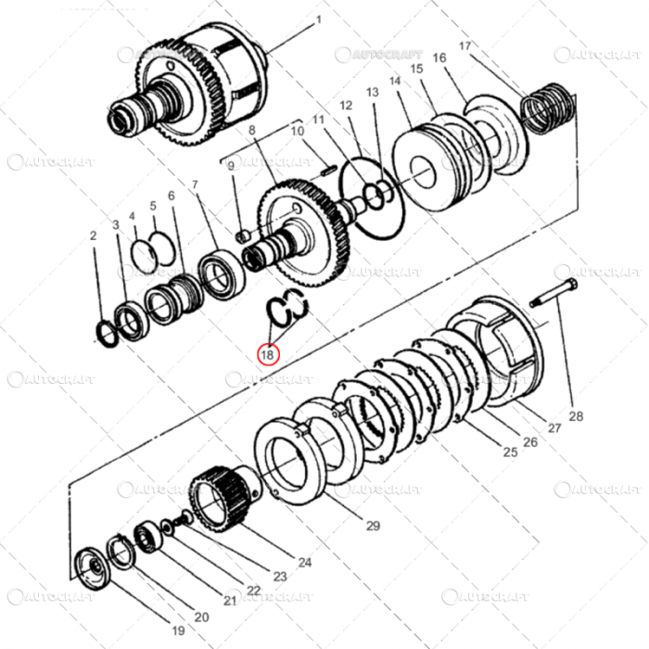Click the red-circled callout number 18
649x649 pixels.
(268, 353)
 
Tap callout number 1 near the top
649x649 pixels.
(319, 19)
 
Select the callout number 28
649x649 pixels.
(576, 416)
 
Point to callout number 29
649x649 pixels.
(373, 526)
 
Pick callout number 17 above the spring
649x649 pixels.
(464, 46)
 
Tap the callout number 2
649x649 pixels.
(94, 236)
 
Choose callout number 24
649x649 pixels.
(303, 562)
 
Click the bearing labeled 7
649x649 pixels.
(222, 274)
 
